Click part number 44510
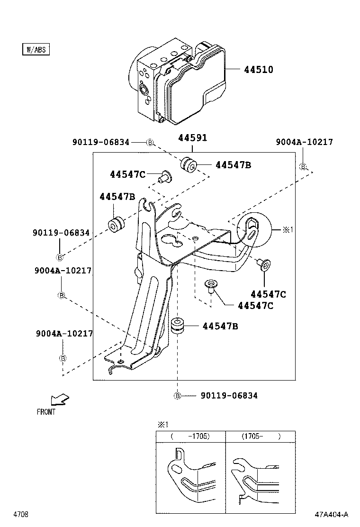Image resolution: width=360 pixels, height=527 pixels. coord(259,70)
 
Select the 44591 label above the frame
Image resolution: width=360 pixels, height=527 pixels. coord(193,138)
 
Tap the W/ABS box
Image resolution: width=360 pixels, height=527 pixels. coord(36,49)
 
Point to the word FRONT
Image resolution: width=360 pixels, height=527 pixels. coord(46,412)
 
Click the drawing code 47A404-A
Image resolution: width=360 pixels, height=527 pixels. coord(332,514)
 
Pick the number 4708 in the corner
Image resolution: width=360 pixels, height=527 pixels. coord(20,514)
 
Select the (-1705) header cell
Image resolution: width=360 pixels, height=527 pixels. coord(190,436)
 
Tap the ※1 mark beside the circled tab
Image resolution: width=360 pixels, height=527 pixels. coord(288,229)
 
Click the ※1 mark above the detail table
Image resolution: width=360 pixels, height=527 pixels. coord(162,424)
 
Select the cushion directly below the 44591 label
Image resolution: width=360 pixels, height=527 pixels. coord(189,165)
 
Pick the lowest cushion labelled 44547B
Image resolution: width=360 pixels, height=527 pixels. coord(177,327)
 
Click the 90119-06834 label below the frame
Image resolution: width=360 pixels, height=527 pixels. coord(229,396)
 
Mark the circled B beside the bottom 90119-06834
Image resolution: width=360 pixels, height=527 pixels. coord(177,396)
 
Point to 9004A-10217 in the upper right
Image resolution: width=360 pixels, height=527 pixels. coord(305,142)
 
